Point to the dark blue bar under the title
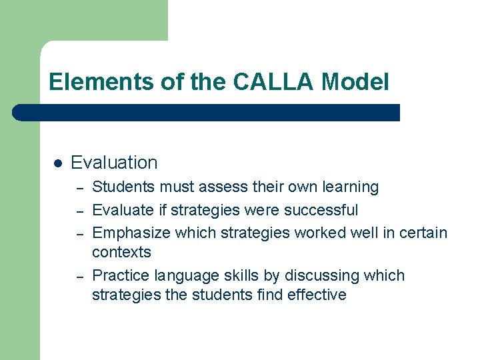tap(207, 112)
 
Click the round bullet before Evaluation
tap(57, 163)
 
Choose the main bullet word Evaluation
tap(114, 163)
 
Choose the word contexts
tap(121, 252)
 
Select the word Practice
tap(121, 275)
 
